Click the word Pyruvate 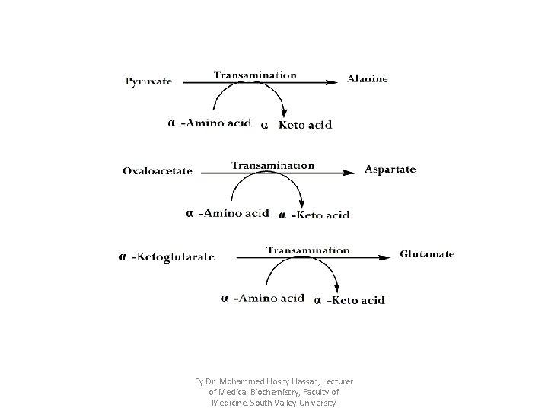point(149,80)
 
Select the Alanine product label point(368,78)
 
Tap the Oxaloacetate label point(158,170)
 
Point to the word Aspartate point(390,169)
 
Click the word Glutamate point(427,254)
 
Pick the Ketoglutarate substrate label point(174,256)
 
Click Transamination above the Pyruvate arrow point(255,75)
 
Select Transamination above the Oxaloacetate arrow point(272,165)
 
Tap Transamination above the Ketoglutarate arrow point(307,250)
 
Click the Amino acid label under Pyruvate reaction point(215,122)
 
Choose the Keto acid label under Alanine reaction point(302,125)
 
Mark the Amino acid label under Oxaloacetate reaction point(234,212)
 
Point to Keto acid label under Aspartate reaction point(320,215)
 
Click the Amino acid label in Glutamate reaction point(269,298)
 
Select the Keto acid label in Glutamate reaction point(355,300)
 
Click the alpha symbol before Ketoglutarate point(123,256)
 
